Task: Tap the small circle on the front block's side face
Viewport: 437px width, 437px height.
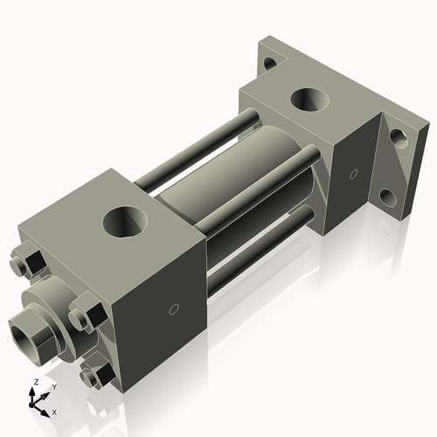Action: [x=173, y=309]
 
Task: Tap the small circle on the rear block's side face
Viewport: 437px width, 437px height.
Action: [x=353, y=171]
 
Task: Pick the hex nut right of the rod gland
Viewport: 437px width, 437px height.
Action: [x=84, y=313]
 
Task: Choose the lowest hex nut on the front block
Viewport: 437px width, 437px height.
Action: [x=94, y=377]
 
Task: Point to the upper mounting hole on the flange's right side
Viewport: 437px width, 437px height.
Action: [x=398, y=137]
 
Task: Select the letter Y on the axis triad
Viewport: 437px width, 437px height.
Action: [x=53, y=385]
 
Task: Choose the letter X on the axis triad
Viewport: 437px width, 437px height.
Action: [x=54, y=411]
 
